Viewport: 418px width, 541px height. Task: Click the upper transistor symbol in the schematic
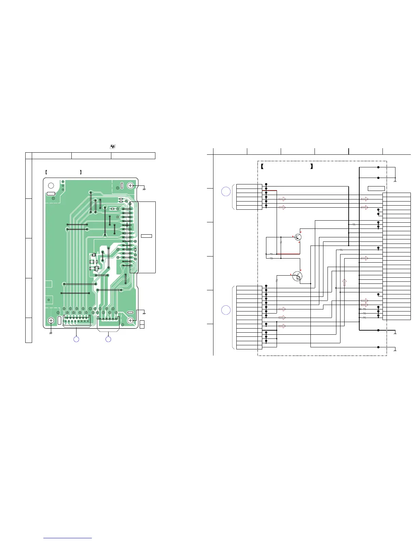coord(298,237)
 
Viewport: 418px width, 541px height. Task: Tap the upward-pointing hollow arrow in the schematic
coord(344,282)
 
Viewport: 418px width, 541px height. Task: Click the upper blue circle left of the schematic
coord(226,192)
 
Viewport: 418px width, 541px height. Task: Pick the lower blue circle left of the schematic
coord(226,310)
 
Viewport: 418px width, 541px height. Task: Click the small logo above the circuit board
coord(113,147)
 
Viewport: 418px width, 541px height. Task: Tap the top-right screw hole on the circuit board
coord(130,185)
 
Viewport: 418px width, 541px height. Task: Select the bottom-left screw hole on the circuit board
coord(51,320)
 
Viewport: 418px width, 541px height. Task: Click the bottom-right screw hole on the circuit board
coord(130,320)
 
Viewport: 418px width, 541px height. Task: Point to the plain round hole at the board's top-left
coord(51,185)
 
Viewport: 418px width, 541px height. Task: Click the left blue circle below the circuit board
coord(76,339)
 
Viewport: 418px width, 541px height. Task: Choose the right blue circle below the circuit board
coord(108,339)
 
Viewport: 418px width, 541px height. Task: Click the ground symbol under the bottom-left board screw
coord(51,333)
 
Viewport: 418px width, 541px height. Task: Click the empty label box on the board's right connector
coord(147,236)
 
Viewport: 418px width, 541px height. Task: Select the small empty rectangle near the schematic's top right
coord(376,189)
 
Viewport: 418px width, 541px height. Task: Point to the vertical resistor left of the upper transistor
coord(281,241)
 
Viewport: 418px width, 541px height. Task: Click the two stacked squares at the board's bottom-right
coord(142,324)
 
